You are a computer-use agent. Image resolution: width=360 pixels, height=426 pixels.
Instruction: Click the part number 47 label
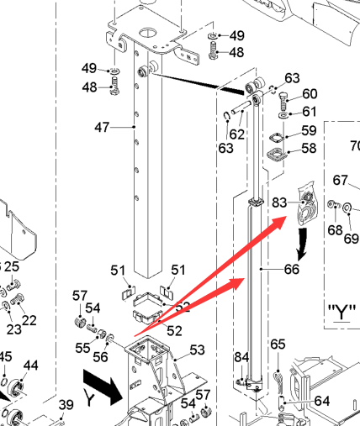point(102,128)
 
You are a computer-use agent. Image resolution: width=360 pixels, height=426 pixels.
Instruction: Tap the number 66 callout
point(292,269)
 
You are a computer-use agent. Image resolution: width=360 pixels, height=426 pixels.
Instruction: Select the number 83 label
point(279,202)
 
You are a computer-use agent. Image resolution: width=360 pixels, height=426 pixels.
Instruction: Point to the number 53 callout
point(198,350)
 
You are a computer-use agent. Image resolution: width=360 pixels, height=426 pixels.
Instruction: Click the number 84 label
point(241,357)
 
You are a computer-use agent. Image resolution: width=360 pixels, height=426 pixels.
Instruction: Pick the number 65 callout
point(278,344)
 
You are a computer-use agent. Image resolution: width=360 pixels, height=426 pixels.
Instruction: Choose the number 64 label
point(322,401)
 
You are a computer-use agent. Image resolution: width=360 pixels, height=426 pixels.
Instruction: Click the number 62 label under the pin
point(237,134)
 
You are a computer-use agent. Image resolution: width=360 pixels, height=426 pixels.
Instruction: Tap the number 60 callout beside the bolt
point(310,94)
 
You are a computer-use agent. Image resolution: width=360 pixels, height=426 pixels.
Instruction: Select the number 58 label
point(309,148)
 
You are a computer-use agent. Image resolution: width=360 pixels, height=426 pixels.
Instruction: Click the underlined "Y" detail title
point(341,313)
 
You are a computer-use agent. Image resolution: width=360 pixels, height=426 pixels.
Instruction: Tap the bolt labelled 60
point(283,102)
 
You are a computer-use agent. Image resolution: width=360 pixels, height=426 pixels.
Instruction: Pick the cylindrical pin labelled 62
point(241,108)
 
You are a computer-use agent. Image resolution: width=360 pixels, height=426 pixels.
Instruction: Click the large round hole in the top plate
point(148,33)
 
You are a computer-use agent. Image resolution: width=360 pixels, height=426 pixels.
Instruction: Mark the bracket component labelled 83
point(308,203)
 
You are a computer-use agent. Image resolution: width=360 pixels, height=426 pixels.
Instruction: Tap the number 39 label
point(66,405)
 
